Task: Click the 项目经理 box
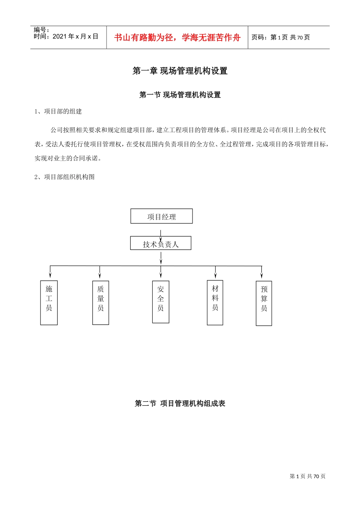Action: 161,216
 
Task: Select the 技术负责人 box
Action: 161,244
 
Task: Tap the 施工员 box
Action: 49,303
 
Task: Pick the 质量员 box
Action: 100,303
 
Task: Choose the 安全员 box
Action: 161,302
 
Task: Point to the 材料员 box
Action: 215,303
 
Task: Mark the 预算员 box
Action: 264,303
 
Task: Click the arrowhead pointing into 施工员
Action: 50,275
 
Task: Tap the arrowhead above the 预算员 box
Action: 261,276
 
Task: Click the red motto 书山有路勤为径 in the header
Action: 177,37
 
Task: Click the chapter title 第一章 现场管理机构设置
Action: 180,71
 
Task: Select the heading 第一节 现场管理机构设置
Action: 180,95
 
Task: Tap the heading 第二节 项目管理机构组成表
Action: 180,403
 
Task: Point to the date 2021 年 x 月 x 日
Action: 66,36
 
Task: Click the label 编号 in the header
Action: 41,30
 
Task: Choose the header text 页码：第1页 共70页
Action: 281,37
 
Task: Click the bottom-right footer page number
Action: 307,476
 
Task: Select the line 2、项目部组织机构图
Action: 64,177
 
